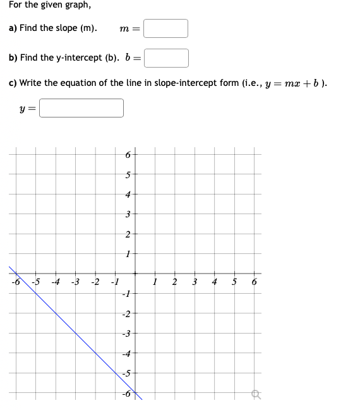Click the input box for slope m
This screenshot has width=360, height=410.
tap(165, 28)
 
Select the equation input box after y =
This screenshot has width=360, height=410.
tap(82, 108)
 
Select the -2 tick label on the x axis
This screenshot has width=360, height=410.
tap(95, 282)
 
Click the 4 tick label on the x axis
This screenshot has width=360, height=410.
tap(214, 282)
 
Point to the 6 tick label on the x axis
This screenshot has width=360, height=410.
tap(254, 282)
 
